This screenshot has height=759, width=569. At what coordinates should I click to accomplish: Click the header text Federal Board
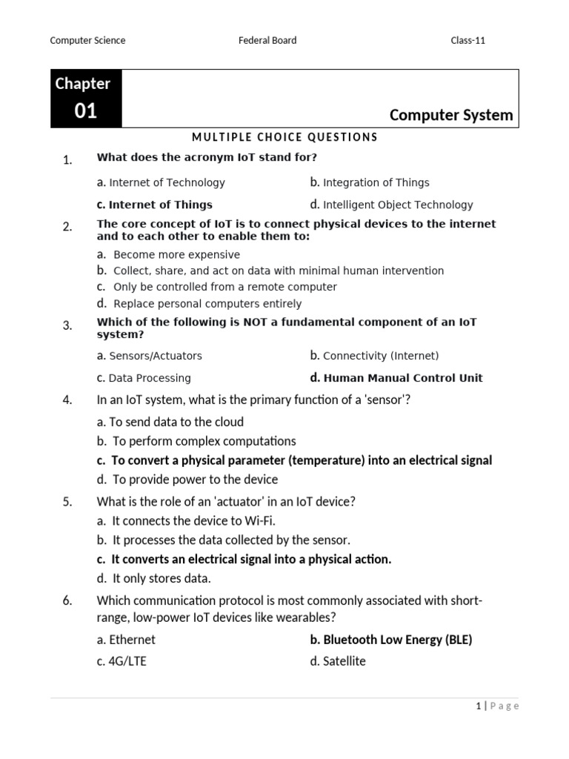point(267,40)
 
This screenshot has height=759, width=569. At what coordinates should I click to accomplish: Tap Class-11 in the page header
point(467,40)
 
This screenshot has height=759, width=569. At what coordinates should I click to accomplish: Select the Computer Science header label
point(87,40)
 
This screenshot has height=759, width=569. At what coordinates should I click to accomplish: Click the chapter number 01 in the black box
point(86,111)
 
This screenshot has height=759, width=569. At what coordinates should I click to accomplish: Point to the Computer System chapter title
point(450,115)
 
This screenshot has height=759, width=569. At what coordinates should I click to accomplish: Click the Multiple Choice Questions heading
point(284,137)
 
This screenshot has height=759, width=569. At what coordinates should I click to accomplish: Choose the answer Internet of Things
point(160,205)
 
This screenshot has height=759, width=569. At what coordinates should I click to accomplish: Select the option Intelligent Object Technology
point(397,205)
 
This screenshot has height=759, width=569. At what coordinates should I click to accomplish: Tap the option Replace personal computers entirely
point(207,303)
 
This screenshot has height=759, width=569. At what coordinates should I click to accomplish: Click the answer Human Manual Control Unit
point(402,377)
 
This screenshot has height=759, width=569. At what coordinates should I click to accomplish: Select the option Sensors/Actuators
point(155,356)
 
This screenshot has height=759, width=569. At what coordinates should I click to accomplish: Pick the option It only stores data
point(162,578)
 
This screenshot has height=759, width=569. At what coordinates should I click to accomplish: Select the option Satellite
point(344,661)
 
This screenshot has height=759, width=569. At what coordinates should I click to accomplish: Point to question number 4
point(67,400)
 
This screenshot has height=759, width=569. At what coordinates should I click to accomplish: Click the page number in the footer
point(478,706)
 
